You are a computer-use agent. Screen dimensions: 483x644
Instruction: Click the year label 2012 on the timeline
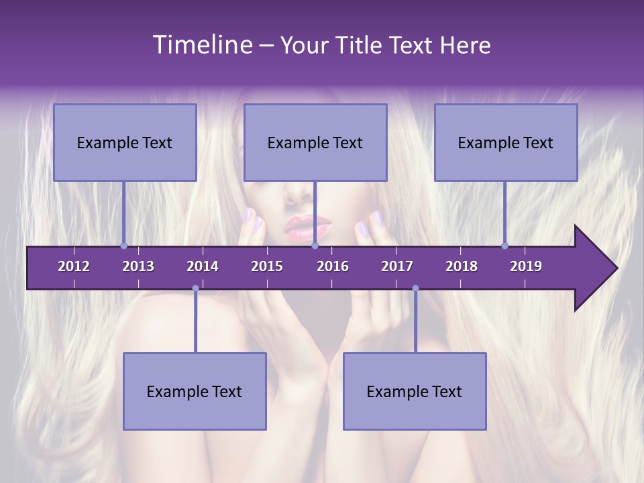click(74, 266)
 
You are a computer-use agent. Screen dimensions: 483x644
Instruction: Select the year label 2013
click(138, 266)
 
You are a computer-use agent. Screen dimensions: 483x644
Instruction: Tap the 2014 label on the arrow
click(203, 266)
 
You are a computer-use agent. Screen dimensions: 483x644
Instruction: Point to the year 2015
click(267, 266)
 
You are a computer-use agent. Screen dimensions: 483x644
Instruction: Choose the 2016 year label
click(333, 266)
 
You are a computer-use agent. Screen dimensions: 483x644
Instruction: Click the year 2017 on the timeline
click(397, 266)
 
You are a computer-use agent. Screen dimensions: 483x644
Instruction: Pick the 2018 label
click(462, 266)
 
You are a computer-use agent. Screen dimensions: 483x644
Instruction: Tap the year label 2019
click(526, 266)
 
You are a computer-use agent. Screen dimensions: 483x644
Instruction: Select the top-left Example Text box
click(125, 142)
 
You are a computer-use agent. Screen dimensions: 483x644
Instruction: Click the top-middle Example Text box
click(315, 142)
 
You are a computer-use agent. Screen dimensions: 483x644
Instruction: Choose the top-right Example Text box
click(506, 142)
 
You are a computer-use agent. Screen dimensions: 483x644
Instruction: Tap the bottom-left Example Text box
click(195, 391)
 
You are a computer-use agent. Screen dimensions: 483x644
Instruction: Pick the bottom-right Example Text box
click(415, 391)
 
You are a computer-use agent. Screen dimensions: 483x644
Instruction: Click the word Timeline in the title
click(201, 44)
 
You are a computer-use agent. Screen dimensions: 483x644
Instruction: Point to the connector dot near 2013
click(124, 246)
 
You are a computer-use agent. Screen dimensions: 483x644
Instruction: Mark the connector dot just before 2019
click(505, 246)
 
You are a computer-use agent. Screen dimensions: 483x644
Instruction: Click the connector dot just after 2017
click(415, 288)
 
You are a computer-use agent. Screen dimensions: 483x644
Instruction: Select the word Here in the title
click(465, 45)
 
